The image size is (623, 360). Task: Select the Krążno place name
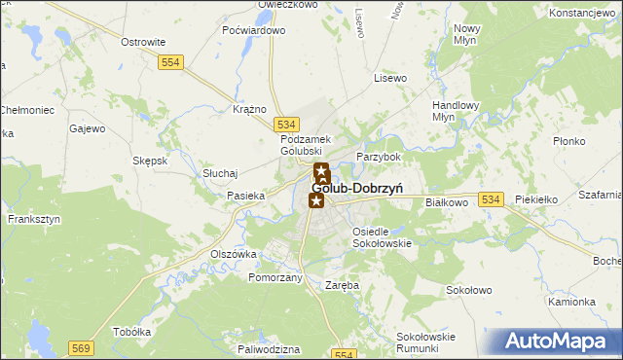250,109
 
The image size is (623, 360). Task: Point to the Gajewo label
88,127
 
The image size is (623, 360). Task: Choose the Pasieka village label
246,196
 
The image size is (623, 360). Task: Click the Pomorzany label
275,277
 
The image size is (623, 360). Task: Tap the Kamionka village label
571,302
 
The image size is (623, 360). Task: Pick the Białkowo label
448,202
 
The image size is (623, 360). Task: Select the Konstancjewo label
584,13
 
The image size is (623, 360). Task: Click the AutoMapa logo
560,342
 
